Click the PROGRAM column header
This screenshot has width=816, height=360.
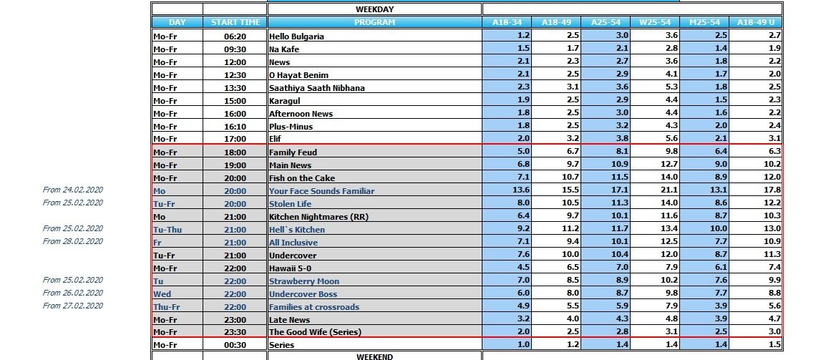pyautogui.click(x=374, y=22)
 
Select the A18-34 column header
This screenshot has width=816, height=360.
pyautogui.click(x=507, y=22)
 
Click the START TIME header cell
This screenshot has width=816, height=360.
pyautogui.click(x=234, y=22)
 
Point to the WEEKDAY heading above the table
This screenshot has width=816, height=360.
pyautogui.click(x=374, y=9)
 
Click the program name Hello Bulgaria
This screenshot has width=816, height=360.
pyautogui.click(x=296, y=36)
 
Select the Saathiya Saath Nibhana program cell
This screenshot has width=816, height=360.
pyautogui.click(x=316, y=87)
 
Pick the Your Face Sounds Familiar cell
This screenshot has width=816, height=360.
pyautogui.click(x=321, y=191)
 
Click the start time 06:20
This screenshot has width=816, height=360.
pyautogui.click(x=234, y=36)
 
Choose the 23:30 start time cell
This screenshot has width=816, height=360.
pyautogui.click(x=234, y=332)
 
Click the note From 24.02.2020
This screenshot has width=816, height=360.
pyautogui.click(x=73, y=190)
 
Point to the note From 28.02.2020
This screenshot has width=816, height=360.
pyautogui.click(x=73, y=241)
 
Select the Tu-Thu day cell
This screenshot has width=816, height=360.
pyautogui.click(x=167, y=230)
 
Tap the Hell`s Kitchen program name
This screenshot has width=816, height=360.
pyautogui.click(x=296, y=230)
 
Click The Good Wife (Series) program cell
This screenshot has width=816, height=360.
pyautogui.click(x=315, y=332)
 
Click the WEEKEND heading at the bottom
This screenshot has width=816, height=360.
pyautogui.click(x=374, y=356)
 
